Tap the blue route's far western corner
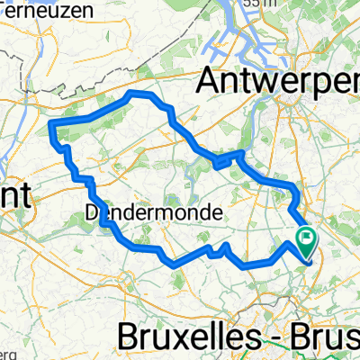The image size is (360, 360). tap(51, 122)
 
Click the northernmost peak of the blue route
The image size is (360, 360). tap(135, 94)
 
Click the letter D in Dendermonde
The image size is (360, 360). tap(91, 213)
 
